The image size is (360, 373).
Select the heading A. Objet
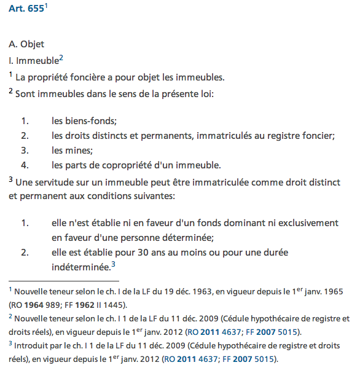[x=26, y=45]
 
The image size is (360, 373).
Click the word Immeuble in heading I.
[x=36, y=61]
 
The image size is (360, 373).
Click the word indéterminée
[x=81, y=267]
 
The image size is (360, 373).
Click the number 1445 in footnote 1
[x=111, y=304]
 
